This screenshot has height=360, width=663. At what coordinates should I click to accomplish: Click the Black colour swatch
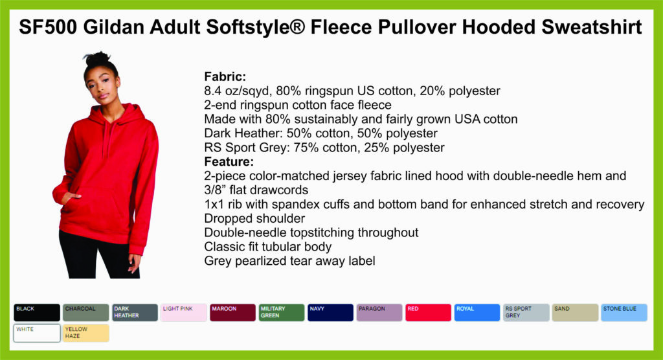37,313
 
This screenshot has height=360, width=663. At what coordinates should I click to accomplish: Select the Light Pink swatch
183,313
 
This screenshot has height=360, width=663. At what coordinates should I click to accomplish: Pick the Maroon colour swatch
232,313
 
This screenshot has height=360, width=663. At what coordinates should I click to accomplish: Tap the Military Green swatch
282,313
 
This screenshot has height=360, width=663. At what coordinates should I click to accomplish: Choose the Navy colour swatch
330,313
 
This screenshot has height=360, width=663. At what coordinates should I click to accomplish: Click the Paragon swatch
379,313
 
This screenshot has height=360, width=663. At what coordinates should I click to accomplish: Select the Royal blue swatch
477,313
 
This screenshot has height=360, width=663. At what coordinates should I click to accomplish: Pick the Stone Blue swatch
624,313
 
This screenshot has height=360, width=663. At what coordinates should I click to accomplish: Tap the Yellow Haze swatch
86,333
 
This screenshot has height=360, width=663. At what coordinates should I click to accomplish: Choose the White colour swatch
37,333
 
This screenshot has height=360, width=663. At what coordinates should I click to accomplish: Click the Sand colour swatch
575,313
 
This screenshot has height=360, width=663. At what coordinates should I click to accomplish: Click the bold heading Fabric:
225,76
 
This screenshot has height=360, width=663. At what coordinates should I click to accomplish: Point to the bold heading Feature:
229,162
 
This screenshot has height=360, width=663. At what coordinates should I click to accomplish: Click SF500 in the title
48,27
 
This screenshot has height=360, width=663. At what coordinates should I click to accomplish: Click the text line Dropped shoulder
254,218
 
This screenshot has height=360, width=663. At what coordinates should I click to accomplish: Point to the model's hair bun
97,59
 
